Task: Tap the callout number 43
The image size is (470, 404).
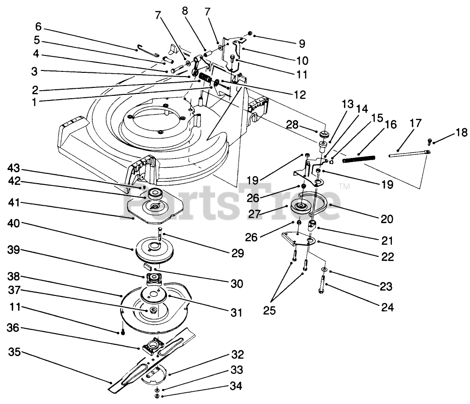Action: (x=15, y=167)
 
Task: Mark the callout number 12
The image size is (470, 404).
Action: (x=300, y=94)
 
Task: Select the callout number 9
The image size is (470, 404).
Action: (x=302, y=44)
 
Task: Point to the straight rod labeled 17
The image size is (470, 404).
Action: (x=407, y=153)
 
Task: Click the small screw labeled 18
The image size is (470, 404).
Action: (x=430, y=140)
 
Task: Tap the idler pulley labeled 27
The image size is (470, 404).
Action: (x=300, y=205)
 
